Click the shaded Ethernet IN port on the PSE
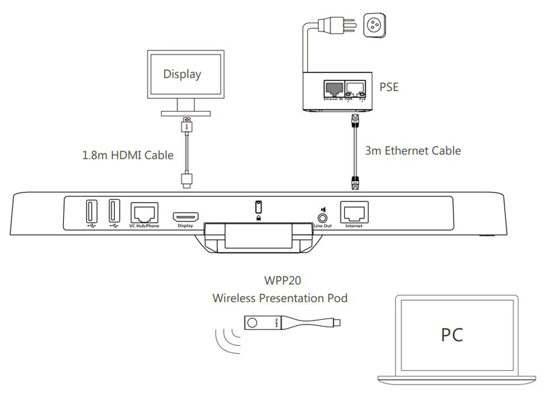coord(333,89)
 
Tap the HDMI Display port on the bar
coord(185,216)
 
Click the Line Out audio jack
coord(322,215)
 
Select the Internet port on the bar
coord(354,212)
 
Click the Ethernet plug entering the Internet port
coord(354,182)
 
